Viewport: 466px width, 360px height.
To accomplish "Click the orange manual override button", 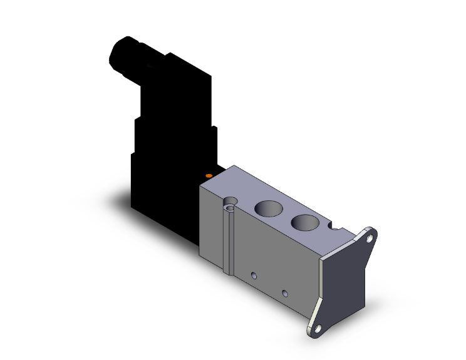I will (209, 177).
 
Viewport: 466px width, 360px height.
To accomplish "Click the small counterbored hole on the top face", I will (232, 205).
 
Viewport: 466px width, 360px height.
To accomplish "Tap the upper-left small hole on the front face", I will (254, 275).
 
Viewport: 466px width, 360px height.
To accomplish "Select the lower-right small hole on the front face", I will (285, 292).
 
